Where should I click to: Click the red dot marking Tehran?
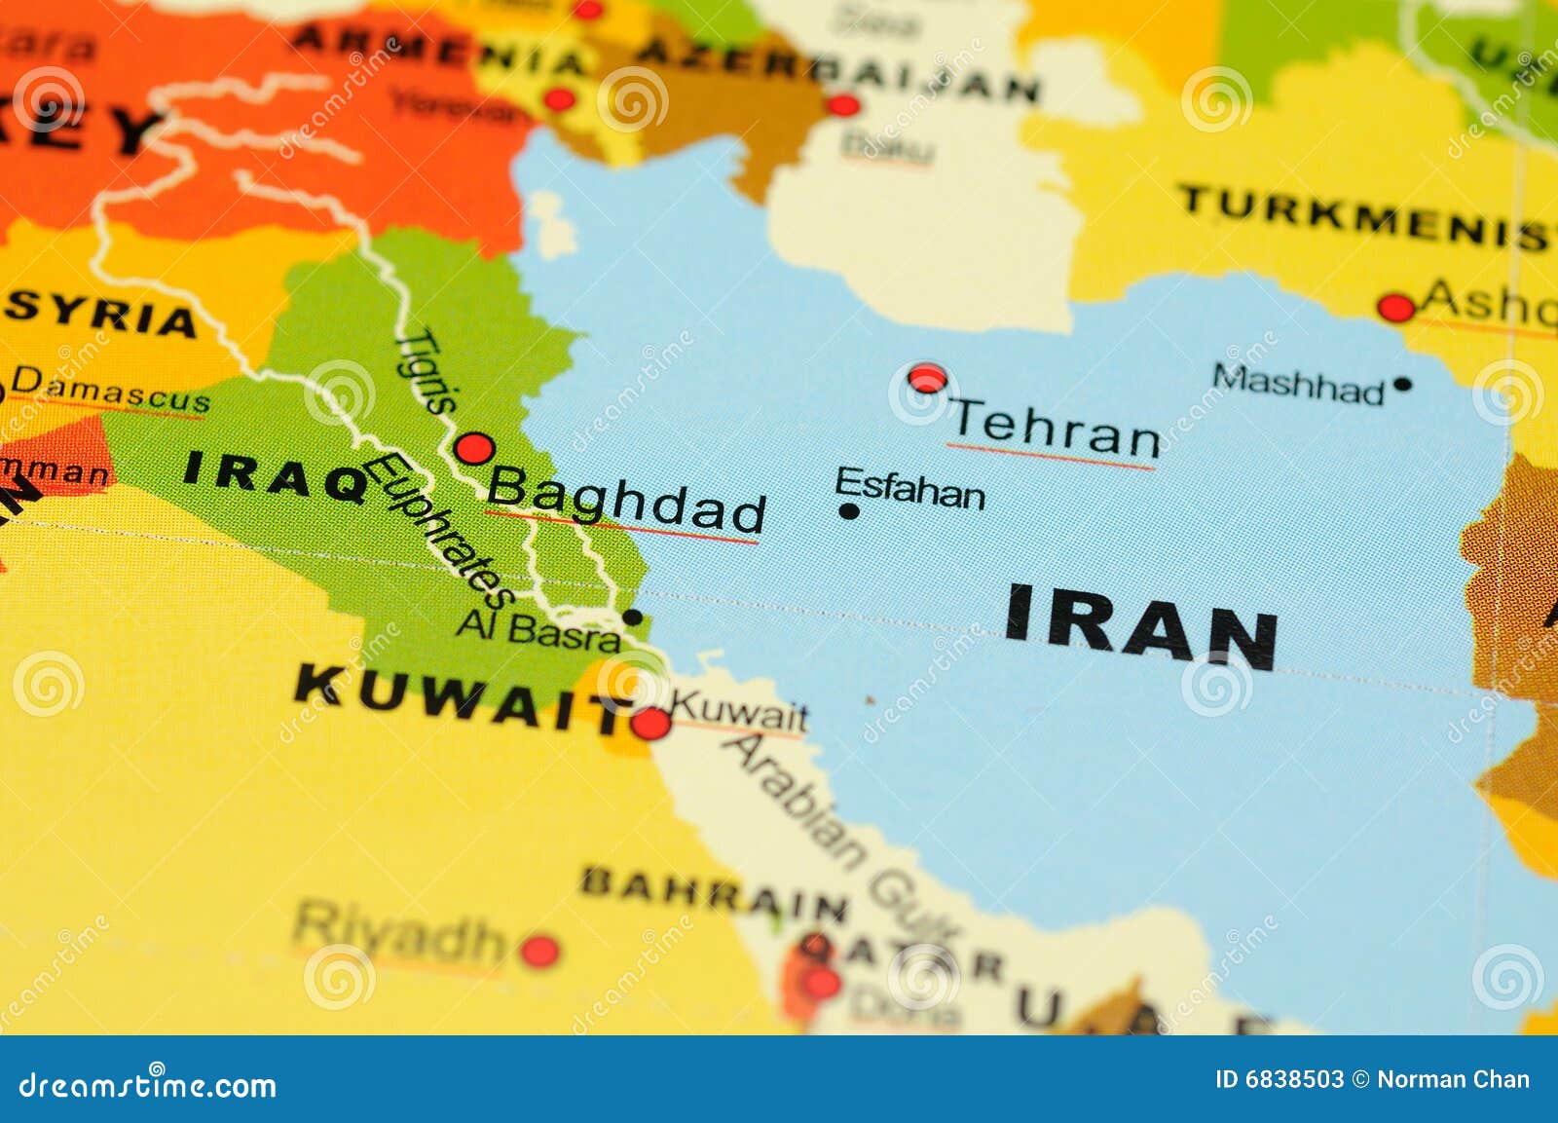tap(927, 378)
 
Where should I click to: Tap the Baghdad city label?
tap(626, 498)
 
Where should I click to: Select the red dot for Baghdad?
tap(474, 449)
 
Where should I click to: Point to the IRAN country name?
tap(1140, 627)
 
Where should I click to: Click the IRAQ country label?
tap(276, 475)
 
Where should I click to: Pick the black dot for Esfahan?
tap(849, 511)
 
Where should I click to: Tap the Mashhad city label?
tap(1298, 383)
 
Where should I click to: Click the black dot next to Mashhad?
tap(1402, 384)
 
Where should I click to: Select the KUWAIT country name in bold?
tap(458, 698)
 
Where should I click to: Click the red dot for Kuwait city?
tap(650, 724)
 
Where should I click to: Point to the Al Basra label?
tap(538, 630)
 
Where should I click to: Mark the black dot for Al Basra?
tap(632, 617)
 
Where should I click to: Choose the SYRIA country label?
tap(101, 314)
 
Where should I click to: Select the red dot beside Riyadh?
tap(539, 951)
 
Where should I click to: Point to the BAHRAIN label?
tap(714, 894)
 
